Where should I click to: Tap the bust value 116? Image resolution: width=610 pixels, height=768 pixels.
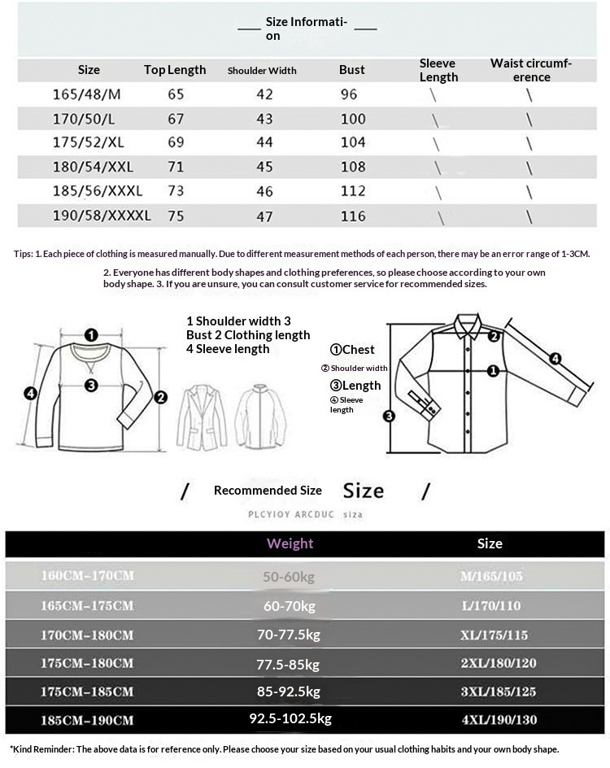tap(353, 216)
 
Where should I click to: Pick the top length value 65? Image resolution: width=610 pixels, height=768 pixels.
tap(176, 94)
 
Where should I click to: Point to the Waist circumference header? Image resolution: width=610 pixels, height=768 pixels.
tap(531, 70)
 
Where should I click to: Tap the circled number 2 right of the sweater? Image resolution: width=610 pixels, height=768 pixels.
tap(160, 397)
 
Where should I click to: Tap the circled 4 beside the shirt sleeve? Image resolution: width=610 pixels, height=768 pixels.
tap(555, 358)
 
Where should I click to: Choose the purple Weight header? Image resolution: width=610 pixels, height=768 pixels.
tap(290, 543)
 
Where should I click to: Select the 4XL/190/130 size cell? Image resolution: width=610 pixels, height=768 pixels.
tap(498, 720)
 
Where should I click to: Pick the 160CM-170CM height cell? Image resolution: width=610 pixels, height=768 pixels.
tap(88, 576)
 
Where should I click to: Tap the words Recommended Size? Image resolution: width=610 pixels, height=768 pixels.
tap(268, 490)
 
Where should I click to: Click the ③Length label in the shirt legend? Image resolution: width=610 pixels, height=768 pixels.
tap(355, 385)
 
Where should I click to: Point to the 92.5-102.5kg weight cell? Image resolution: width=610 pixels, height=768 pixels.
tap(290, 718)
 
